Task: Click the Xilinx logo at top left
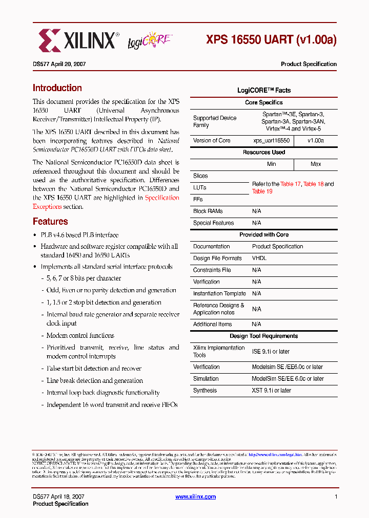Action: click(x=77, y=40)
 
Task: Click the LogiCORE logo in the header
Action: click(x=150, y=40)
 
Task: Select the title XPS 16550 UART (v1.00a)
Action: click(x=271, y=40)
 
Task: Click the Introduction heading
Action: click(x=57, y=88)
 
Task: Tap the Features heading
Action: click(x=50, y=222)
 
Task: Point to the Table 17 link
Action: click(x=291, y=184)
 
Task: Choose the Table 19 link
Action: click(x=262, y=191)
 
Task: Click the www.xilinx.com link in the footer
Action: click(x=195, y=497)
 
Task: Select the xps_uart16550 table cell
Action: click(x=271, y=140)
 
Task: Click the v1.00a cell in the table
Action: click(x=316, y=140)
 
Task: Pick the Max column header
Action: click(x=316, y=164)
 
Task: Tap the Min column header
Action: click(x=271, y=164)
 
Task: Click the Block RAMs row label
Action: click(x=208, y=211)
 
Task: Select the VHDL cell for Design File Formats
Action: click(x=259, y=258)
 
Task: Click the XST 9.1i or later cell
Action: click(x=271, y=391)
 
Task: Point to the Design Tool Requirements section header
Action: click(x=264, y=336)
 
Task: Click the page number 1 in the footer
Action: click(x=336, y=497)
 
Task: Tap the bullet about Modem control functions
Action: click(x=80, y=336)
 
